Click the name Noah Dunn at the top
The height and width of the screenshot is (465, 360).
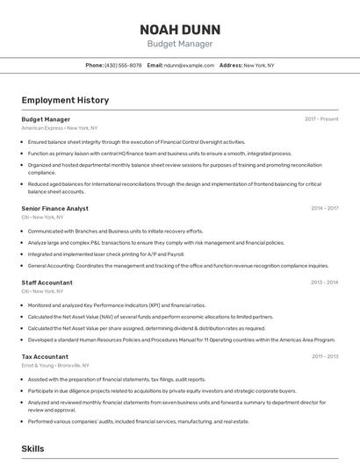pos(179,28)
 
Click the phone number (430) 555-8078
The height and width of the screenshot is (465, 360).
pos(123,65)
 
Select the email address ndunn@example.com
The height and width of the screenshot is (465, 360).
pos(189,65)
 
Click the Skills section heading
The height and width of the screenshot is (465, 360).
pos(32,448)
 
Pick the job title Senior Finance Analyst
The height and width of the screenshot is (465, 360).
pos(54,209)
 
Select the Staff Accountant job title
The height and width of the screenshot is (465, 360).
pos(47,283)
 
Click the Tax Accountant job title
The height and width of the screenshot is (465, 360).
pos(45,356)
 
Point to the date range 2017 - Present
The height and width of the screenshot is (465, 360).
pos(321,119)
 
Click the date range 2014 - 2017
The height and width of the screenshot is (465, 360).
pos(324,209)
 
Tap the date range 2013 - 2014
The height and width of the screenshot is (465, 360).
pos(324,283)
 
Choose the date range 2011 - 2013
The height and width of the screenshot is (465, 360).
pos(325,356)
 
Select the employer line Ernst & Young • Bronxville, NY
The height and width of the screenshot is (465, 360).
pos(54,365)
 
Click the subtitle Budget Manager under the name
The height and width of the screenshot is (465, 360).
pos(179,43)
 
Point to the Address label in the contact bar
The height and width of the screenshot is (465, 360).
pos(230,65)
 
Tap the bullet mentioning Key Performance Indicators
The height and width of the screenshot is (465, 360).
pos(116,305)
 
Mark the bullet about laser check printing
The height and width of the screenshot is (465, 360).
pos(105,254)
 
